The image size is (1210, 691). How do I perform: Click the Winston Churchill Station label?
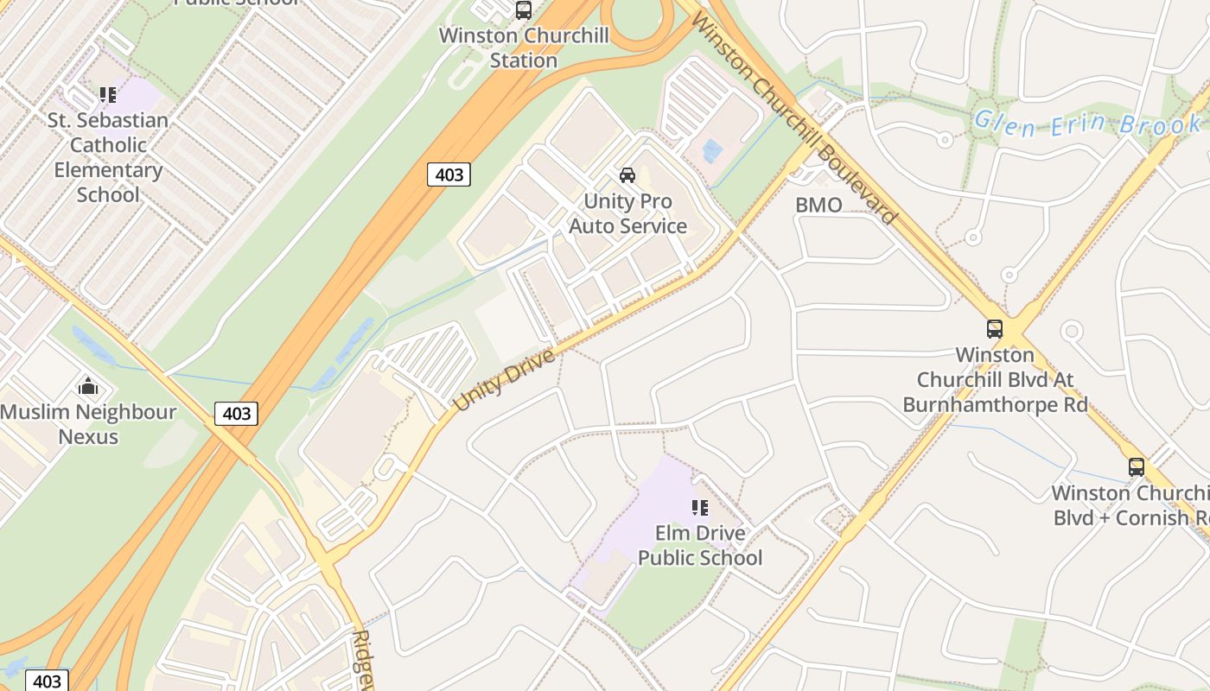(524, 48)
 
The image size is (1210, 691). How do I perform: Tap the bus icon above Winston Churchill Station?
(523, 10)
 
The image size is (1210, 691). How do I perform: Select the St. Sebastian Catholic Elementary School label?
(108, 157)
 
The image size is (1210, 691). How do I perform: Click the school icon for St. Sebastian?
(107, 94)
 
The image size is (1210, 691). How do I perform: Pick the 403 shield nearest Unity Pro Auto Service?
(449, 174)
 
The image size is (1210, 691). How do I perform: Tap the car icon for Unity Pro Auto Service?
(627, 175)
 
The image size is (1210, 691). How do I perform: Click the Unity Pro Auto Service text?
(627, 213)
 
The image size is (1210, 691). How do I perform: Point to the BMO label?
(818, 205)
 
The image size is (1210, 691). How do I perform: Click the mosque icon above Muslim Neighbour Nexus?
(88, 386)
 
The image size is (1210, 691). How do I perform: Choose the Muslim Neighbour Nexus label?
(88, 424)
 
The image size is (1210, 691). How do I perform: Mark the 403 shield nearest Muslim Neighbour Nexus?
(236, 414)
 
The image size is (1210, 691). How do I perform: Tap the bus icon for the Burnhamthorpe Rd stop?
(995, 329)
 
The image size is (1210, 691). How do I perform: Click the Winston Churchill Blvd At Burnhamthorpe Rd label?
(995, 380)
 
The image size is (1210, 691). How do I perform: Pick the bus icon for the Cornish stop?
(1137, 467)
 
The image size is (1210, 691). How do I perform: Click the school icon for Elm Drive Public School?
(700, 507)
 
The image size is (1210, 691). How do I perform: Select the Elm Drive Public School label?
(700, 545)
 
